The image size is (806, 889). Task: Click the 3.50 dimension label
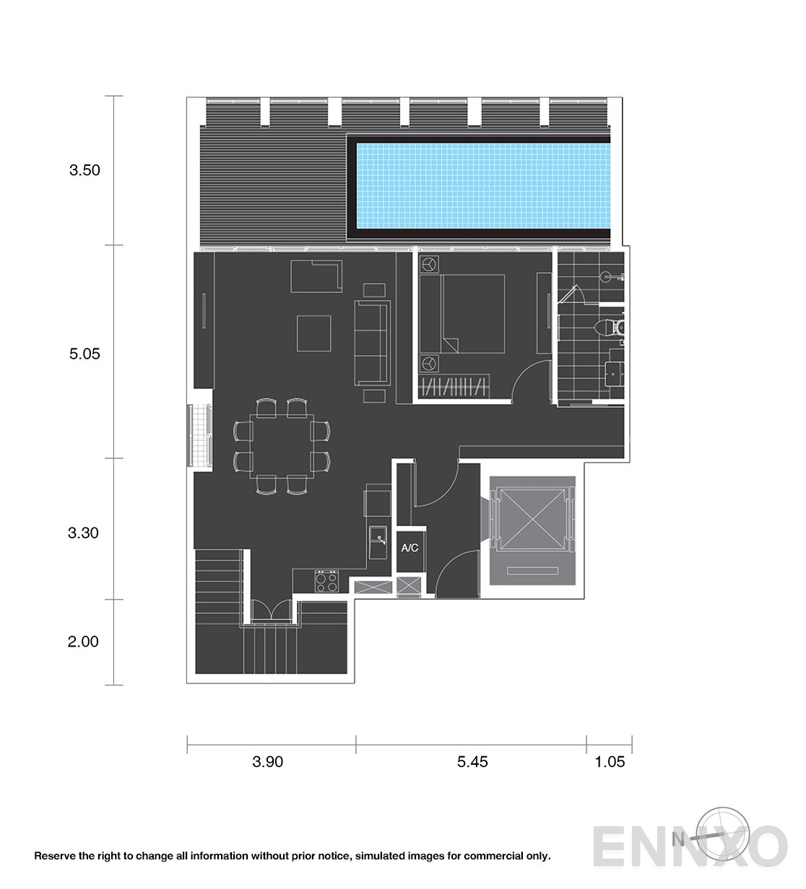pyautogui.click(x=84, y=170)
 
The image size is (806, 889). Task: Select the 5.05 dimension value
pyautogui.click(x=84, y=354)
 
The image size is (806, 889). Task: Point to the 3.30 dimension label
pyautogui.click(x=83, y=533)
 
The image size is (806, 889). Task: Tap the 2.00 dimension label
pyautogui.click(x=83, y=641)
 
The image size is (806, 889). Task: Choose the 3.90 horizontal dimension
pyautogui.click(x=267, y=762)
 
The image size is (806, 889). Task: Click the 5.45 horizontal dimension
pyautogui.click(x=472, y=762)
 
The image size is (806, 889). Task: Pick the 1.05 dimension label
pyautogui.click(x=610, y=762)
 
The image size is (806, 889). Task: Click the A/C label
pyautogui.click(x=409, y=548)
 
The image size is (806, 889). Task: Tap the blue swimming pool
pyautogui.click(x=483, y=185)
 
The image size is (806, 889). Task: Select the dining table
pyautogui.click(x=282, y=446)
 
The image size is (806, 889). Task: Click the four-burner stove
pyautogui.click(x=326, y=582)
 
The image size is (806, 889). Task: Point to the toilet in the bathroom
pyautogui.click(x=608, y=328)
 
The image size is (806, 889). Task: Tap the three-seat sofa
pyautogui.click(x=372, y=343)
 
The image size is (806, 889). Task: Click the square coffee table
pyautogui.click(x=314, y=333)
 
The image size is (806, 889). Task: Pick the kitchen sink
pyautogui.click(x=378, y=543)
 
